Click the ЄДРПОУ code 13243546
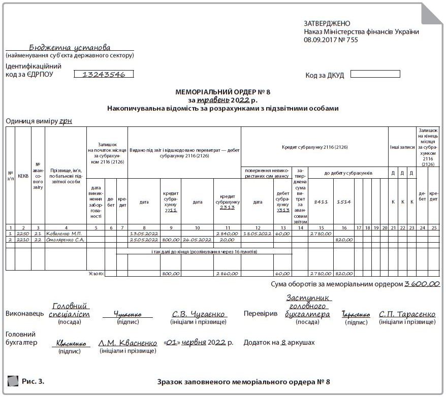click(x=104, y=74)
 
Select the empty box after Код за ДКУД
click(x=375, y=74)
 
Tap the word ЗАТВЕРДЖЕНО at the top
click(x=327, y=23)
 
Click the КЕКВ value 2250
click(x=23, y=234)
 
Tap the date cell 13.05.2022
click(x=144, y=234)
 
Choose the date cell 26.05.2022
click(x=197, y=240)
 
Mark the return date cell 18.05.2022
click(x=258, y=234)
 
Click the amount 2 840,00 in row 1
click(x=227, y=234)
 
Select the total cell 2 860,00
click(x=227, y=274)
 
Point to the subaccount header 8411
click(x=321, y=202)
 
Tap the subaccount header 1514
click(x=344, y=202)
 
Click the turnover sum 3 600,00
click(x=422, y=284)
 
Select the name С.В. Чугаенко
click(x=199, y=314)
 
